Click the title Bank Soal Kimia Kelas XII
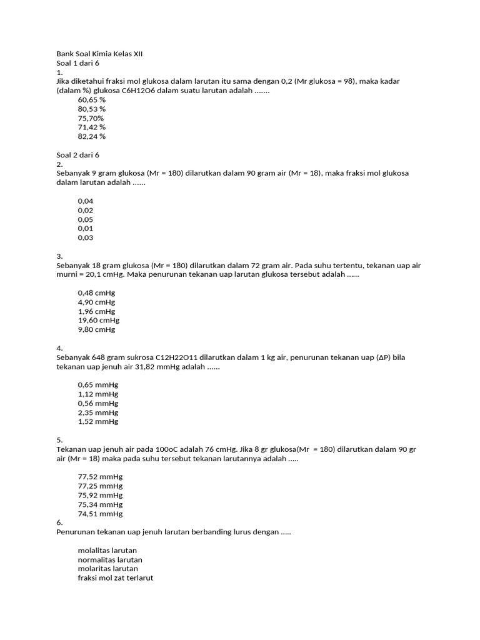pyautogui.click(x=99, y=54)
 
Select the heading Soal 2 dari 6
pyautogui.click(x=78, y=155)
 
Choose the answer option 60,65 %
pyautogui.click(x=92, y=100)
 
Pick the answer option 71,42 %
pyautogui.click(x=92, y=127)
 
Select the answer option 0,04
pyautogui.click(x=86, y=201)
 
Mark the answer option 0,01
pyautogui.click(x=86, y=229)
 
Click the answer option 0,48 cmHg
pyautogui.click(x=96, y=293)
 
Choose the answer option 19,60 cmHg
pyautogui.click(x=99, y=321)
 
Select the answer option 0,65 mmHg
pyautogui.click(x=98, y=385)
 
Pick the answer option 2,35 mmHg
pyautogui.click(x=98, y=412)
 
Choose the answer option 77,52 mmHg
pyautogui.click(x=100, y=477)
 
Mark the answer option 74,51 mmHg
pyautogui.click(x=100, y=514)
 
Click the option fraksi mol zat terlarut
pyautogui.click(x=116, y=578)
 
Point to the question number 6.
pyautogui.click(x=59, y=522)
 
